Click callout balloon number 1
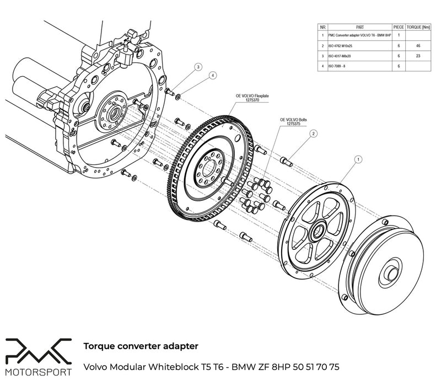coord(358,158)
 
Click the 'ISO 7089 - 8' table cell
coord(339,65)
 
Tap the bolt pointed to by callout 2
coord(286,160)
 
